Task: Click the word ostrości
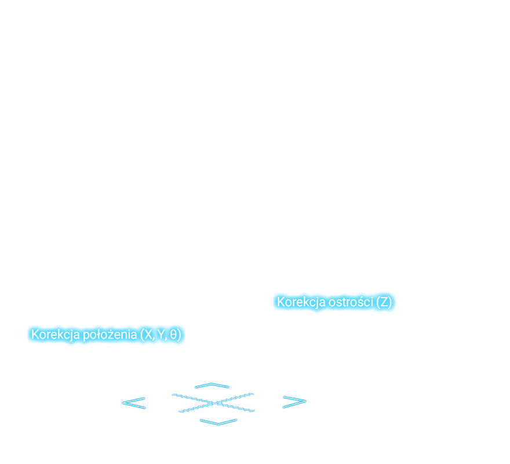point(351,302)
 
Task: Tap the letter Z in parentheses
point(384,302)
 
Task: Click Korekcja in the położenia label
point(55,335)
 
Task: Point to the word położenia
point(110,335)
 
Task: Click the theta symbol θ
point(174,335)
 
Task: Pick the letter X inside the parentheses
point(148,335)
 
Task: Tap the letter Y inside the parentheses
point(161,335)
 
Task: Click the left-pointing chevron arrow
point(134,403)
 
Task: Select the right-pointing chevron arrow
point(294,402)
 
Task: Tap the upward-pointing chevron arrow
point(212,385)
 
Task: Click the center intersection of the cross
point(214,404)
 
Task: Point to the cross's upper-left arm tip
point(173,395)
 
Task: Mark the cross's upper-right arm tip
point(253,394)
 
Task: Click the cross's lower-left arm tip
point(179,412)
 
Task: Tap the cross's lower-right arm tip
point(254,411)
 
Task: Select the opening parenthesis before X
point(142,335)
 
